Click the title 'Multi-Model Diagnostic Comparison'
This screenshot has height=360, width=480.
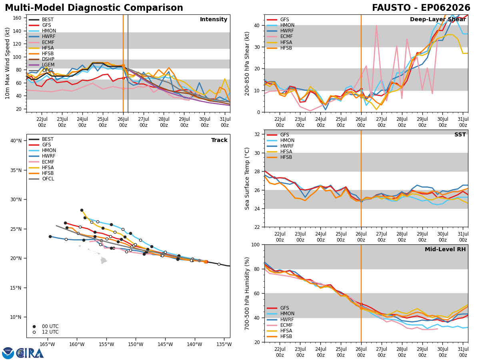click(94, 8)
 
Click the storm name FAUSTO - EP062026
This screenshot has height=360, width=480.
click(421, 8)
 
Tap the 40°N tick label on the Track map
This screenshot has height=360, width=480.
click(16, 140)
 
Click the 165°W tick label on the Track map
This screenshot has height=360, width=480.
click(47, 344)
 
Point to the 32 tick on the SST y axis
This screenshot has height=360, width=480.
click(257, 134)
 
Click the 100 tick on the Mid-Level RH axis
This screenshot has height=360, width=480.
click(256, 244)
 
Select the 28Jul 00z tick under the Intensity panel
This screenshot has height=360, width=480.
click(164, 122)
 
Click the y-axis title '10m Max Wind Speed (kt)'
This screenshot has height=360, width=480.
click(8, 63)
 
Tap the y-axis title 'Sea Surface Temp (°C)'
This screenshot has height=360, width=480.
click(247, 179)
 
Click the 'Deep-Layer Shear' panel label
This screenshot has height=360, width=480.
click(438, 19)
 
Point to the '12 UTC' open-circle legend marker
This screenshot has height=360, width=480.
click(34, 332)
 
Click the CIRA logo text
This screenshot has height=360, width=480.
click(30, 353)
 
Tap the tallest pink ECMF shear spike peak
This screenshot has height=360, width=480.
click(376, 26)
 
